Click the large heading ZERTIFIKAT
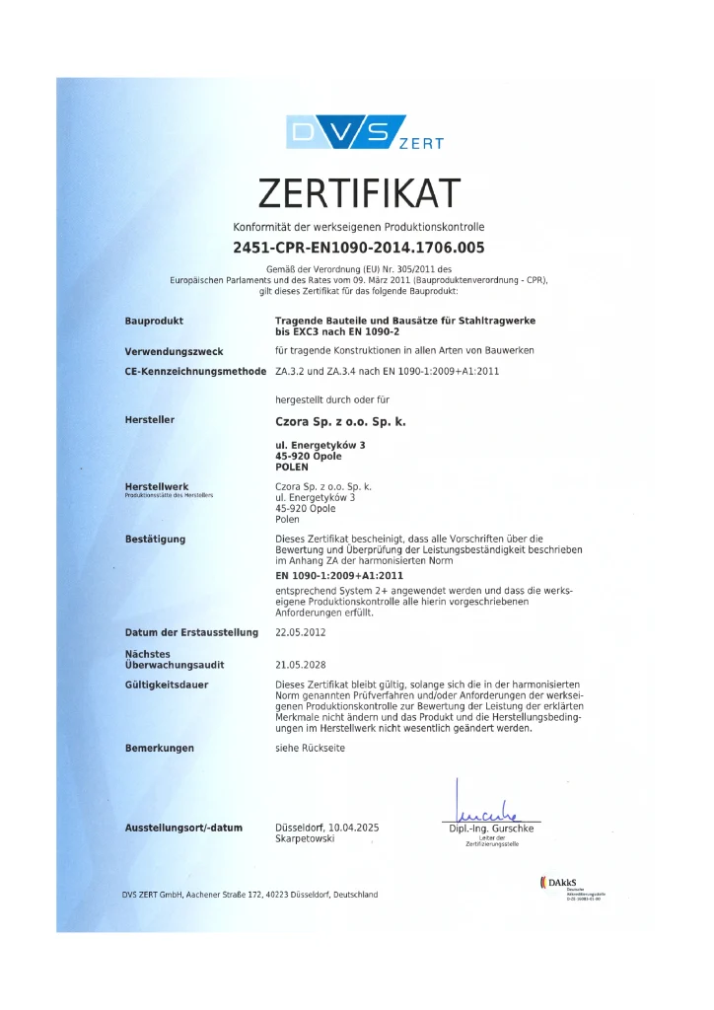coord(359,192)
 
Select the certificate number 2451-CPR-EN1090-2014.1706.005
coord(358,249)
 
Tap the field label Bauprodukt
coord(154,321)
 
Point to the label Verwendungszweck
coord(174,351)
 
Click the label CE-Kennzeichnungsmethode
coord(195,372)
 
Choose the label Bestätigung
coord(155,539)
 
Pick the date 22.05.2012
coord(300,632)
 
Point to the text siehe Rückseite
coord(310,748)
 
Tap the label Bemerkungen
coord(159,748)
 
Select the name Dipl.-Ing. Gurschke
coord(491,829)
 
